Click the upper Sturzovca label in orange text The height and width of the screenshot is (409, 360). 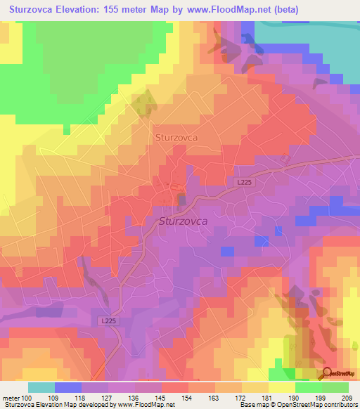click(x=176, y=138)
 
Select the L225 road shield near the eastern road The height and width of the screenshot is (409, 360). click(x=243, y=182)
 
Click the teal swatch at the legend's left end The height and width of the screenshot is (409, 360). click(x=41, y=387)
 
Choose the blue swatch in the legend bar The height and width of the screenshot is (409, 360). click(x=67, y=387)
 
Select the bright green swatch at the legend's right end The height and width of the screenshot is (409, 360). click(x=335, y=387)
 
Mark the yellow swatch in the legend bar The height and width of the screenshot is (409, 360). click(x=282, y=387)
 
